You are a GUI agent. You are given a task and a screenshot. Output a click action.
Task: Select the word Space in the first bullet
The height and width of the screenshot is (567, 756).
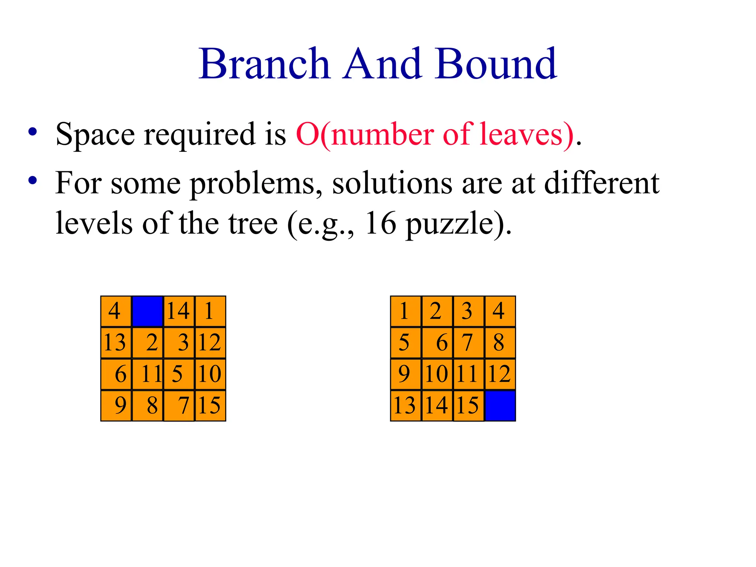[x=95, y=134]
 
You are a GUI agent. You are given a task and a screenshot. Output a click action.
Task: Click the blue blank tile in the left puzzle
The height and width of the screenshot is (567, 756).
[x=148, y=311]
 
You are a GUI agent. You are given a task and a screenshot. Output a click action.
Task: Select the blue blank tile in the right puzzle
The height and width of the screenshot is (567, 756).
[x=500, y=406]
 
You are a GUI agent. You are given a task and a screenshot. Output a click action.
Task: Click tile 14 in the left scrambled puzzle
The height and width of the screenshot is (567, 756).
[x=179, y=311]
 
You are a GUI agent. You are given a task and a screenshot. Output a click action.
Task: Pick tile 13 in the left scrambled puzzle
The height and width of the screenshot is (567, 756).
[x=116, y=342]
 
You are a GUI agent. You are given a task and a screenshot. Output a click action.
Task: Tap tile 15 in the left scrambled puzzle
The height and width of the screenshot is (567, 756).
[x=210, y=405]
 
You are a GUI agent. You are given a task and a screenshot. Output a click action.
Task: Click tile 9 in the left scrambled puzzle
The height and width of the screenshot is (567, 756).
[x=116, y=405]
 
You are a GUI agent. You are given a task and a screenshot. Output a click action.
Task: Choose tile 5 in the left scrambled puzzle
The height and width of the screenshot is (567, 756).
[x=179, y=374]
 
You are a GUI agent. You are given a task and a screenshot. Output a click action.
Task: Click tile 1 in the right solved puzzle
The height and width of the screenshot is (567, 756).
[x=405, y=311]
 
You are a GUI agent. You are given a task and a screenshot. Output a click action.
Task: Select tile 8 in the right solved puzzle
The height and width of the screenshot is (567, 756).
[x=500, y=342]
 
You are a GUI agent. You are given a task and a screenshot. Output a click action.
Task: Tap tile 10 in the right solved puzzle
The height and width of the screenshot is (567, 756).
[x=437, y=374]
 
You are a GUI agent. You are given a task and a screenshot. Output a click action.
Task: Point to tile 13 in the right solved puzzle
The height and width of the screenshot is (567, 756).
[x=405, y=405]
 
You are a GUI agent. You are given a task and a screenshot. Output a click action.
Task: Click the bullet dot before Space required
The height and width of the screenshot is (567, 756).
[x=33, y=132]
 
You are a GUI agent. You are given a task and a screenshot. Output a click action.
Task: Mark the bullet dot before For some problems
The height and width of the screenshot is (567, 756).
[x=33, y=181]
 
